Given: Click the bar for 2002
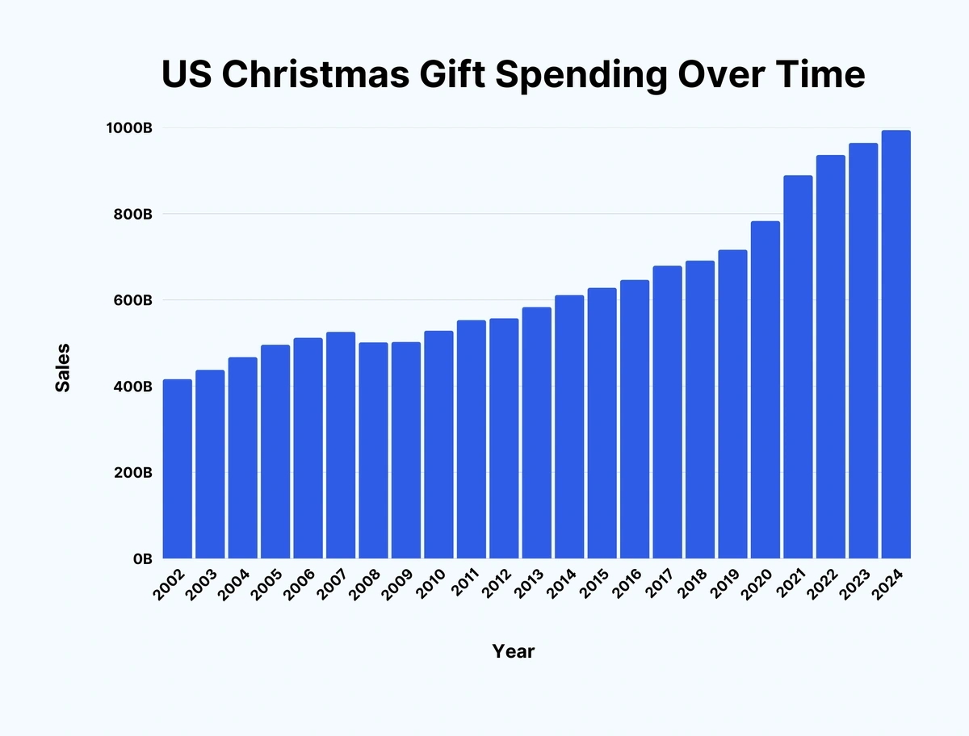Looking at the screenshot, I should pyautogui.click(x=178, y=469).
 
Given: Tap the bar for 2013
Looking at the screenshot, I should pyautogui.click(x=536, y=433).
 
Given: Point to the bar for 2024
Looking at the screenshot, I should pyautogui.click(x=896, y=345).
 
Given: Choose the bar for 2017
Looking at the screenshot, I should pyautogui.click(x=667, y=412).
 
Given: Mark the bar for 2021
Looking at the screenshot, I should pyautogui.click(x=798, y=367).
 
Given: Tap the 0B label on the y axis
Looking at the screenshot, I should pyautogui.click(x=142, y=558).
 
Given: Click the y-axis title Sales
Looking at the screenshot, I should pyautogui.click(x=62, y=368).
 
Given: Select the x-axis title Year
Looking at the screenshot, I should pyautogui.click(x=514, y=651).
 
